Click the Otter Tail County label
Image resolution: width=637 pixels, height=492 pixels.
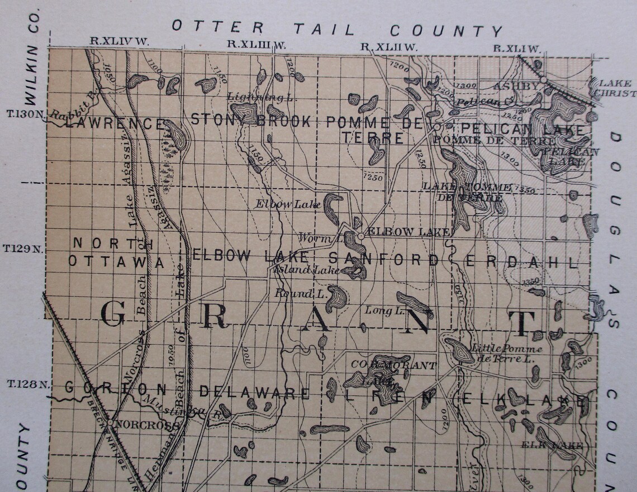pyautogui.click(x=337, y=27)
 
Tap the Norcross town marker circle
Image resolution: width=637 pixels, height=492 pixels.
pyautogui.click(x=111, y=424)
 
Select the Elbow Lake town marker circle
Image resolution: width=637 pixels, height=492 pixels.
pyautogui.click(x=361, y=236)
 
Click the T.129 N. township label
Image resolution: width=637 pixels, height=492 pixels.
pyautogui.click(x=24, y=248)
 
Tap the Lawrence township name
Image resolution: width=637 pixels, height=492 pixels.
pyautogui.click(x=115, y=123)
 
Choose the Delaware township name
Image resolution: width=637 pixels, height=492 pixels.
pyautogui.click(x=254, y=393)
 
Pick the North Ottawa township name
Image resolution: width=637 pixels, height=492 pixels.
pyautogui.click(x=115, y=252)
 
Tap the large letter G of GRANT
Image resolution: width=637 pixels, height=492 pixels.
pyautogui.click(x=113, y=314)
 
